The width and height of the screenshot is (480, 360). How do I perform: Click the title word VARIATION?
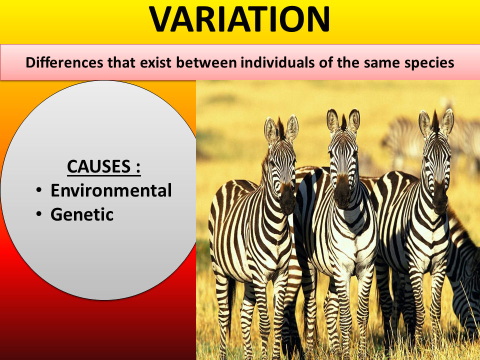[x=240, y=20]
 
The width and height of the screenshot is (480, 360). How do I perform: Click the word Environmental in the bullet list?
[x=111, y=190]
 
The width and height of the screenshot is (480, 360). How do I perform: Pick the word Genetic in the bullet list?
[x=82, y=214]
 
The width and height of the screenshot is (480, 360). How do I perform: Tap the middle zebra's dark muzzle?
[x=342, y=191]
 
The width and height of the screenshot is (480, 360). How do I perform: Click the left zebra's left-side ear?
[x=270, y=129]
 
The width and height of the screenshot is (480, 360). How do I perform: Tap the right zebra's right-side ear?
[x=447, y=121]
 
